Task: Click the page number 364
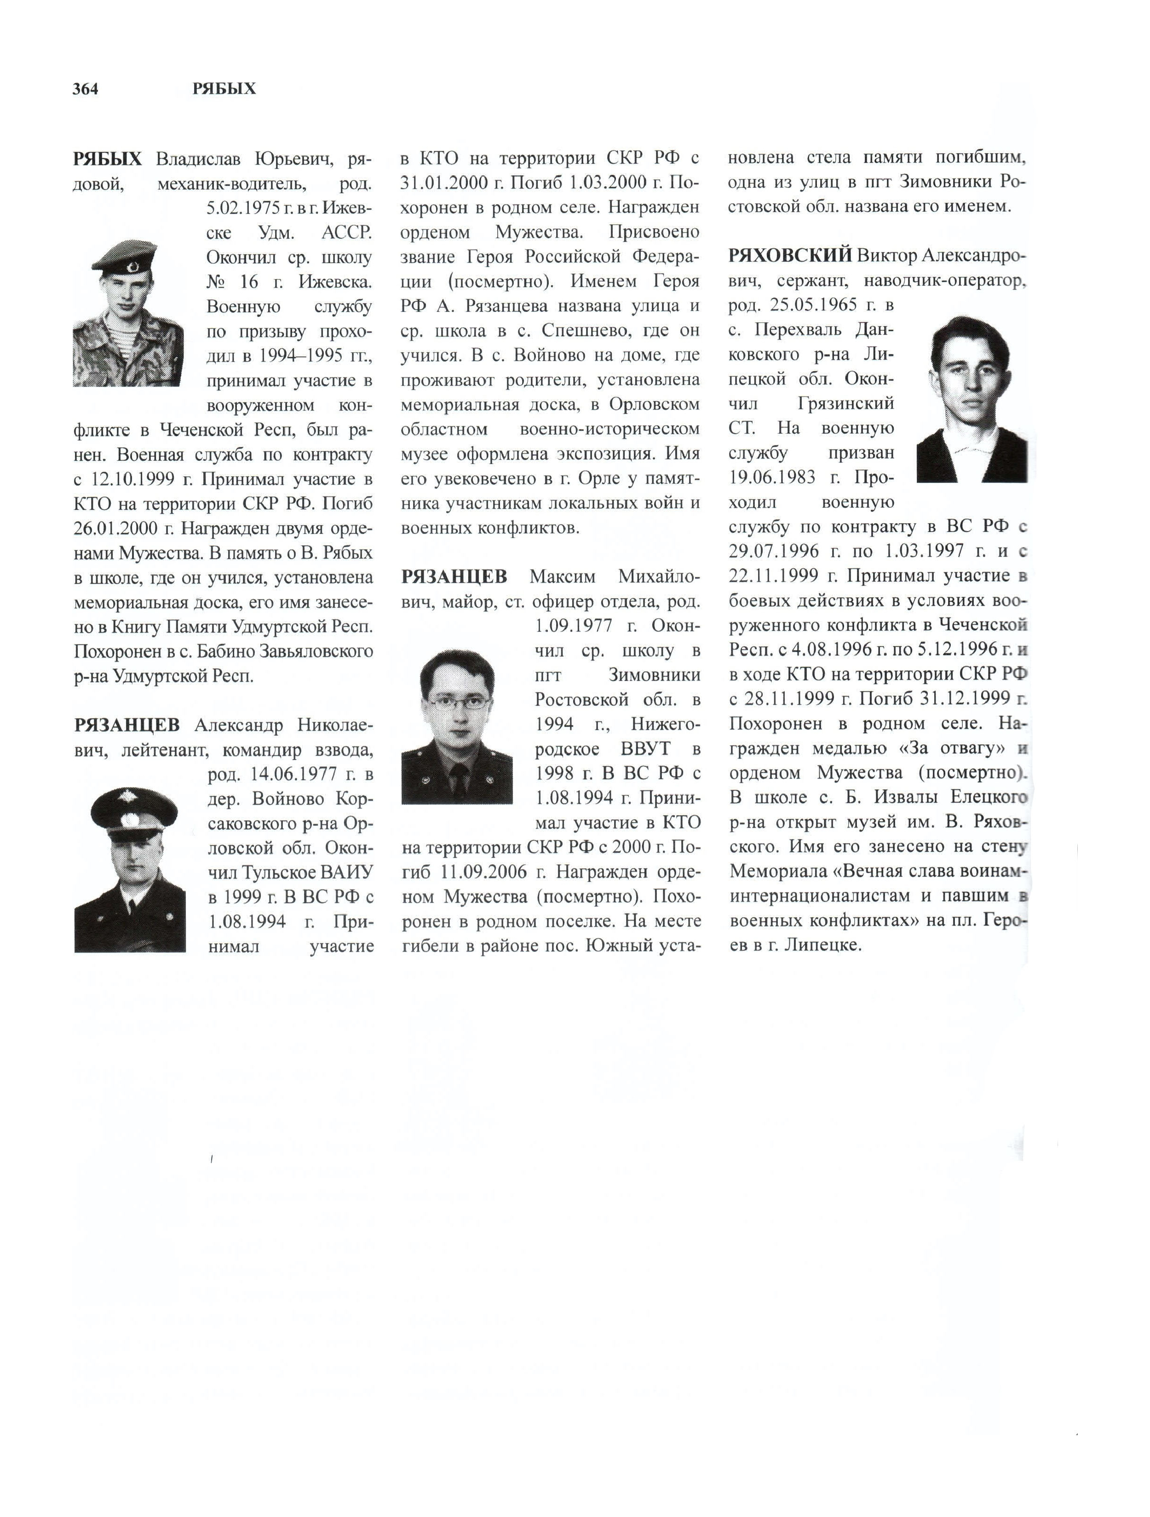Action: coord(85,89)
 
